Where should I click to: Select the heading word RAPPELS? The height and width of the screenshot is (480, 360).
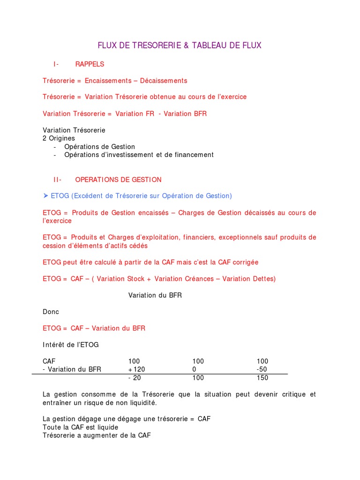pyautogui.click(x=90, y=64)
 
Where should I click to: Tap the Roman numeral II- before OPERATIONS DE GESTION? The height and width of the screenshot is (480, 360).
pyautogui.click(x=58, y=180)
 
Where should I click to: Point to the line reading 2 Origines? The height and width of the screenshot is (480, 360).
pyautogui.click(x=59, y=138)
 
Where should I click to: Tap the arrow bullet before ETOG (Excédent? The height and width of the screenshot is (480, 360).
pyautogui.click(x=45, y=196)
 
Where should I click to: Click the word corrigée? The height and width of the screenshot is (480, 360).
pyautogui.click(x=244, y=262)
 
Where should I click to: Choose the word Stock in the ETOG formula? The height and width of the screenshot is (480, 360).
pyautogui.click(x=135, y=279)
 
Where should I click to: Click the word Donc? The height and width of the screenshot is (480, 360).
pyautogui.click(x=51, y=312)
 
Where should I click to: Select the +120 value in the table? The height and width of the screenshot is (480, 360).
pyautogui.click(x=137, y=369)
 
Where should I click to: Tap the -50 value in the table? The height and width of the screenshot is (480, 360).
pyautogui.click(x=262, y=369)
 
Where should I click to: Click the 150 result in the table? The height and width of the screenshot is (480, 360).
pyautogui.click(x=262, y=378)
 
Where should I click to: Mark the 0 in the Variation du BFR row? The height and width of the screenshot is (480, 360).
pyautogui.click(x=194, y=369)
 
